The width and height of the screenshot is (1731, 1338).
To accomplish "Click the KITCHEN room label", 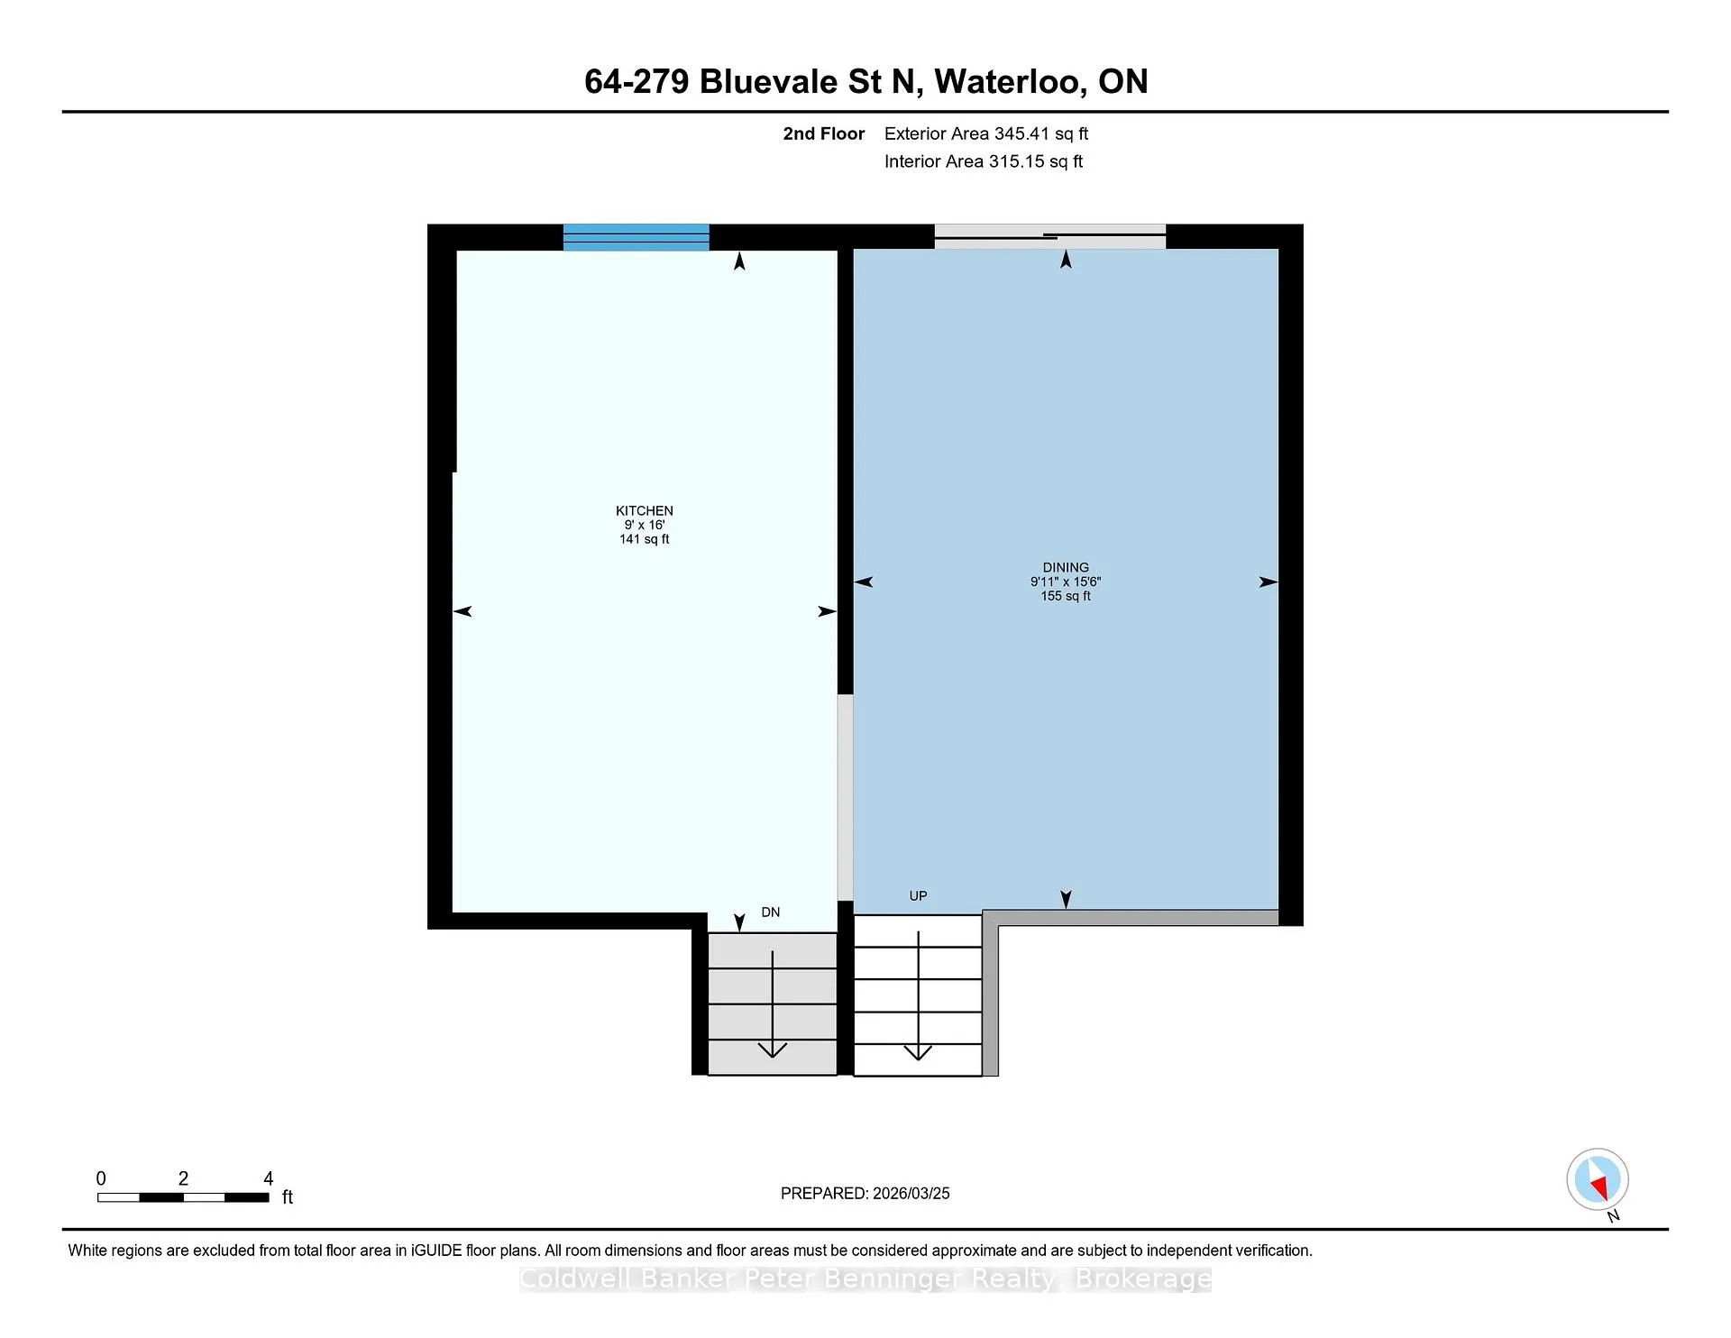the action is (x=644, y=510).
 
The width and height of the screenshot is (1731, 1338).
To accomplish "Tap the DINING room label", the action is (x=1066, y=568).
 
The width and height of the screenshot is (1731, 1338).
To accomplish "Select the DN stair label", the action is (x=771, y=912).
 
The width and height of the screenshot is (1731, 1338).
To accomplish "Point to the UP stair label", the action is (x=918, y=896).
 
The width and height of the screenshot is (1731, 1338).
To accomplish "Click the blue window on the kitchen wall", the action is (x=637, y=237).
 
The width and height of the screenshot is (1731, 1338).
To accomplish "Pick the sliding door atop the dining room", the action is (x=1050, y=236).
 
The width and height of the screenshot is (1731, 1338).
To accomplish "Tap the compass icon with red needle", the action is (x=1598, y=1179).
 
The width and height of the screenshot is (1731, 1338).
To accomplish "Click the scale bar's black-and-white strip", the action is (x=183, y=1197).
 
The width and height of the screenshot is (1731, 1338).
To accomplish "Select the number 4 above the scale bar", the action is (x=268, y=1178).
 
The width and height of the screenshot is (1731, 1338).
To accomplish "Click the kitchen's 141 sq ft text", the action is (x=644, y=539).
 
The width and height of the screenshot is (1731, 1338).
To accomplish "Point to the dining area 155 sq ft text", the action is (x=1066, y=596).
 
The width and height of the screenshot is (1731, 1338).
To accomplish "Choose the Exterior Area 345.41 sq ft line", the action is (x=986, y=133).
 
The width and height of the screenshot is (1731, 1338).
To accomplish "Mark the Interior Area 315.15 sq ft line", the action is (x=984, y=161).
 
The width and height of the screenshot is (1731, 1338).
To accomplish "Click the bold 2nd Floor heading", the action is (x=823, y=133).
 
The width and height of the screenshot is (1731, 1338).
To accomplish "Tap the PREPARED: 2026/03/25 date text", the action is (x=865, y=1194).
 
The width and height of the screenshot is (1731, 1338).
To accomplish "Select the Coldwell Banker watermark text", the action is (x=865, y=1278).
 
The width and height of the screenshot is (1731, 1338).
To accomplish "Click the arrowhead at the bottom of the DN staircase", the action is (x=773, y=1049).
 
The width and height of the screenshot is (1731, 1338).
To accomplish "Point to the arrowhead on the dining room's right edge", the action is (x=1268, y=582).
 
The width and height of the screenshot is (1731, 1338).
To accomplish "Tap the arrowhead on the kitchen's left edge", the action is (x=463, y=611).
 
